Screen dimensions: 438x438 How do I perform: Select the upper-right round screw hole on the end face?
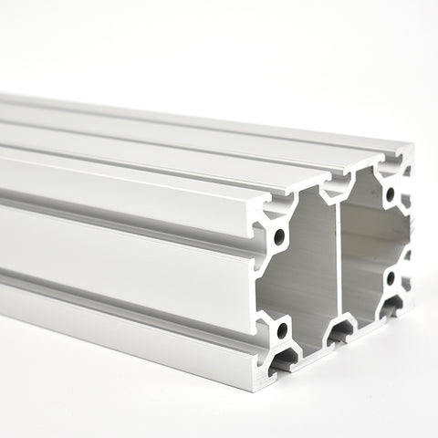point(391,193)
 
